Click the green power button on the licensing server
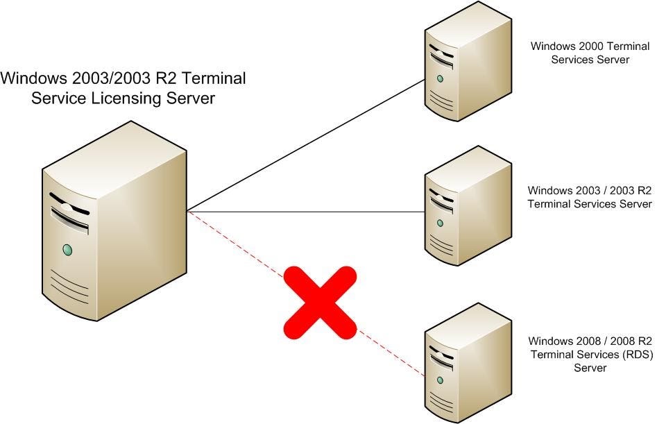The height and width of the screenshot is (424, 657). coord(67,248)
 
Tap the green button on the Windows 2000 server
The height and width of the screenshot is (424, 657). coord(440,78)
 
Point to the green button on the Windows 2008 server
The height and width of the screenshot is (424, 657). coord(440,379)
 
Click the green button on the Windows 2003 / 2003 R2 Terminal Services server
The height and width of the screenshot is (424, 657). coord(440,223)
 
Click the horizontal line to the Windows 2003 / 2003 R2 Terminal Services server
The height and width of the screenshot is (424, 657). coord(305,212)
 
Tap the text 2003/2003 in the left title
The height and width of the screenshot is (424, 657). coord(98,78)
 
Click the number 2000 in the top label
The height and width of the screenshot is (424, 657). coord(588,46)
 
